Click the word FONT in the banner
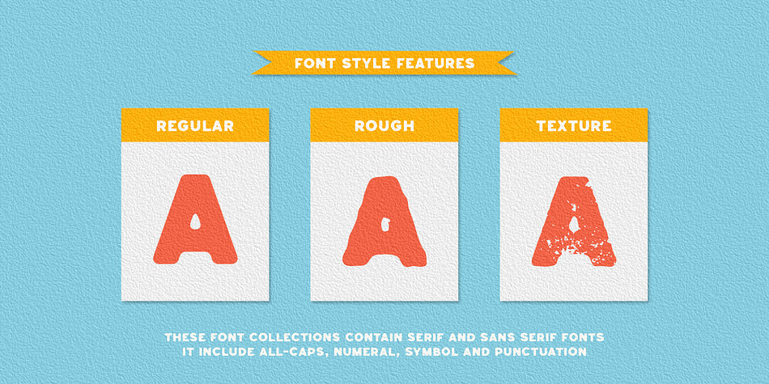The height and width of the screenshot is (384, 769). (312, 63)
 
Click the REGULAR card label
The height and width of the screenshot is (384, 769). (195, 126)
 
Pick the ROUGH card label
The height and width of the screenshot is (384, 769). (384, 126)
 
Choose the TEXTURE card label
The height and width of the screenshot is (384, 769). (574, 126)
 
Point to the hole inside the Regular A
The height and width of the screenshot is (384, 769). (195, 222)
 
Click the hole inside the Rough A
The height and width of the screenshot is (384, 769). (385, 223)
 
